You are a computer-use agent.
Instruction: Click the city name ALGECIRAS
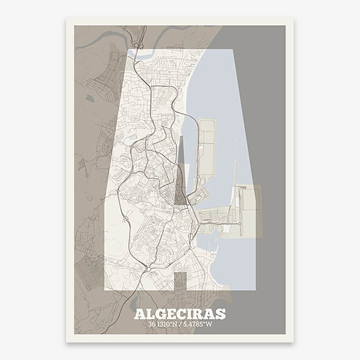(180, 314)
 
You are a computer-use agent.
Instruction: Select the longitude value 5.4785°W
(196, 325)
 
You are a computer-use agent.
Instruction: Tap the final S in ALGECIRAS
(220, 314)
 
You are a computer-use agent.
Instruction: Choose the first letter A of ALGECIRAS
(139, 314)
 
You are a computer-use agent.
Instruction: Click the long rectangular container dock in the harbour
(207, 147)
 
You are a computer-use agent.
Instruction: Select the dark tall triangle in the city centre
(181, 174)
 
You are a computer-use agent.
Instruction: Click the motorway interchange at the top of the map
(139, 45)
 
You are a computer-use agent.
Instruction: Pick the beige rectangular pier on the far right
(251, 207)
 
